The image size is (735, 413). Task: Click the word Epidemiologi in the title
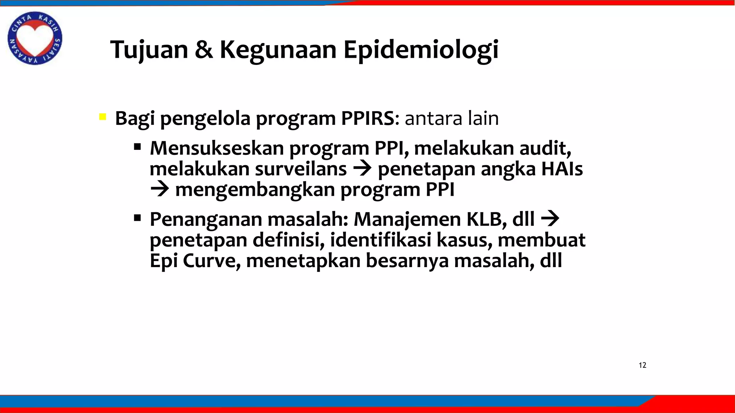421,50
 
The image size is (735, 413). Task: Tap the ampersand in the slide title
203,50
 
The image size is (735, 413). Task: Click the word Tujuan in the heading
149,50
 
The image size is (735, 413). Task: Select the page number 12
642,365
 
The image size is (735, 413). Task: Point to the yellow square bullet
103,117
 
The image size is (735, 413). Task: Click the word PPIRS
367,118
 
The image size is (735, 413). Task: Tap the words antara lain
451,118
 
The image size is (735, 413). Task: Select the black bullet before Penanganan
137,218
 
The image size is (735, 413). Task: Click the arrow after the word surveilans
362,169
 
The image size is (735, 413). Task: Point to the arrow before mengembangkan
159,190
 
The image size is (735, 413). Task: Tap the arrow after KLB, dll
550,218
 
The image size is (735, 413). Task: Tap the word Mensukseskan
216,148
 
